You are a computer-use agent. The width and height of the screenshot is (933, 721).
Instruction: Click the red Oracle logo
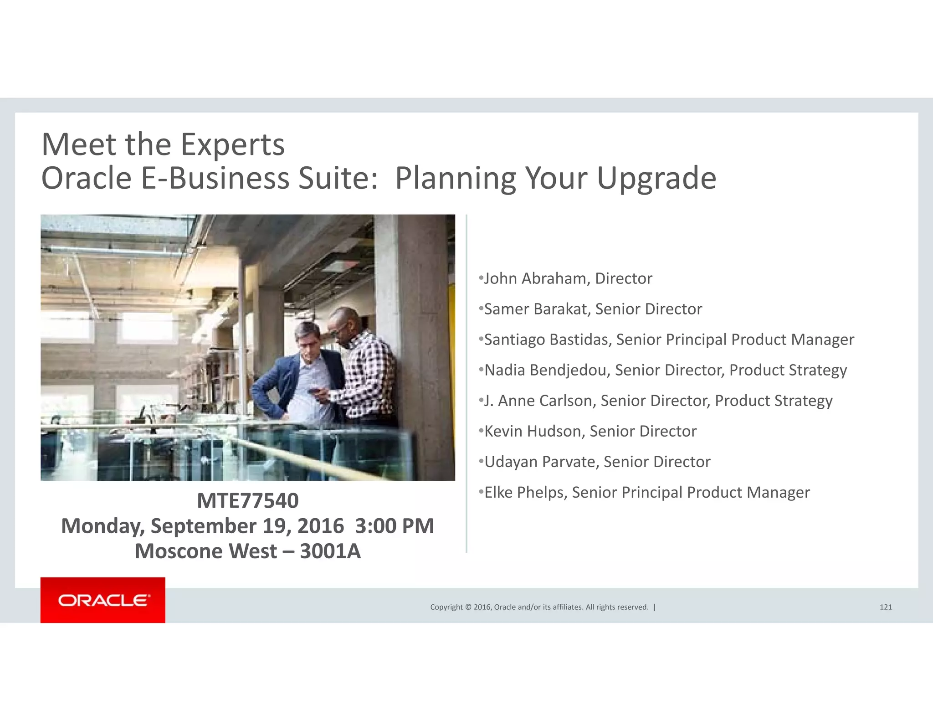click(103, 600)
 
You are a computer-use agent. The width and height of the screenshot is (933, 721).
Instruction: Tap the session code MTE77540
click(247, 501)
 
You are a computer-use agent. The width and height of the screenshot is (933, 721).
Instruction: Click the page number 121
click(885, 607)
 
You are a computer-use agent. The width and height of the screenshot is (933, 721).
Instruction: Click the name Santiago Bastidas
click(547, 340)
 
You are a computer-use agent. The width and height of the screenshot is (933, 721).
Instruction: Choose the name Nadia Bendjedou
click(546, 370)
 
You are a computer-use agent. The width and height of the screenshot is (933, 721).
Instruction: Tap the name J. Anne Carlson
click(539, 401)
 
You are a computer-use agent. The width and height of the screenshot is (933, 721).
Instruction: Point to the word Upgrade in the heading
click(656, 178)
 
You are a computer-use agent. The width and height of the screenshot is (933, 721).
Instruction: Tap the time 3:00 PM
click(394, 526)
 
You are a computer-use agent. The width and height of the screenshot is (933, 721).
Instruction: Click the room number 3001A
click(330, 551)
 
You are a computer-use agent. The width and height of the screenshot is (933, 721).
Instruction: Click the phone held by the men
click(313, 391)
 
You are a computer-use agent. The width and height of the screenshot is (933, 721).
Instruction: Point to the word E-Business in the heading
click(215, 178)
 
